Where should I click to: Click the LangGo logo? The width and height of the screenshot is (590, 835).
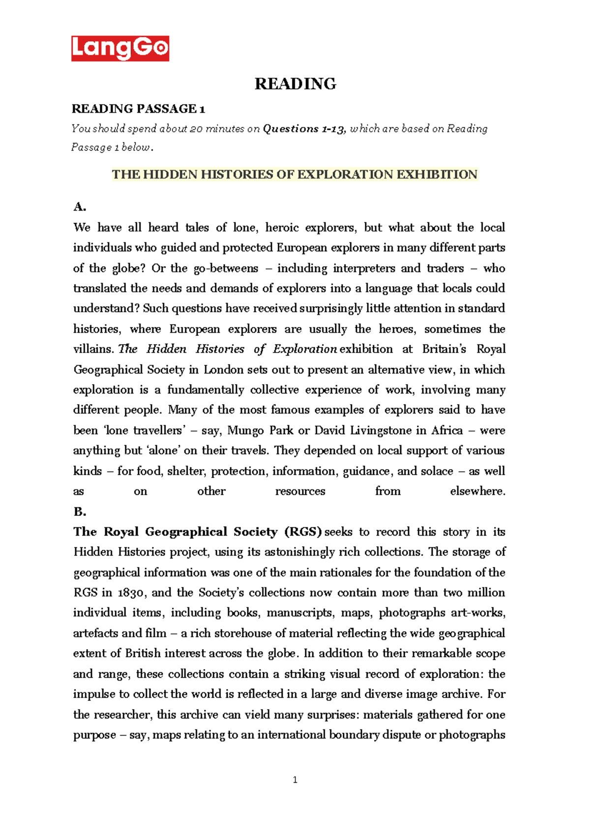tap(120, 48)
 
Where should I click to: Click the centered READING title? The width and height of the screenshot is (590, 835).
tap(295, 84)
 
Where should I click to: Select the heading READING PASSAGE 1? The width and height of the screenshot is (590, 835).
tap(138, 109)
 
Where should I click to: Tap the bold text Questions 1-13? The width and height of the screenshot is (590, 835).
tap(305, 129)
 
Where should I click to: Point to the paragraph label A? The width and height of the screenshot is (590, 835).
tap(80, 207)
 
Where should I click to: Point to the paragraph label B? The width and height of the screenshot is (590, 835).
tap(80, 511)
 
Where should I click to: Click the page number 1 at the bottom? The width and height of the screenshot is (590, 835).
tap(295, 780)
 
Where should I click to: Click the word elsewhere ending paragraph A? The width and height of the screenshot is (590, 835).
tap(477, 491)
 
